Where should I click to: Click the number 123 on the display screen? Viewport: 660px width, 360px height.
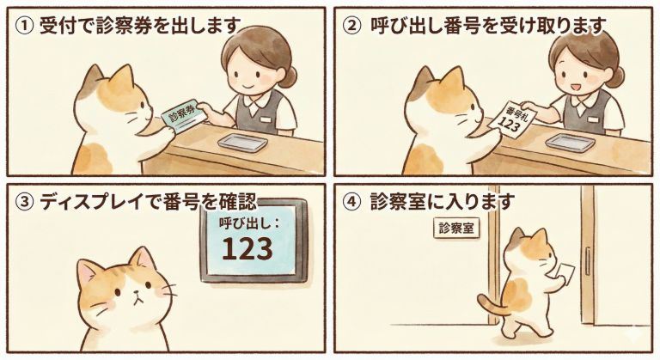247,248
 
